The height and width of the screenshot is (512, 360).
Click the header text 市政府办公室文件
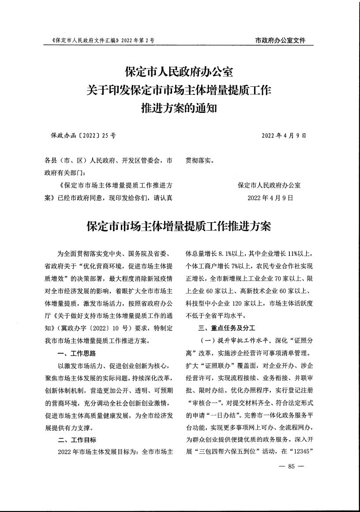(x=280, y=41)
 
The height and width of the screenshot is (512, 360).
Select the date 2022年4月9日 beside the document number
(x=284, y=136)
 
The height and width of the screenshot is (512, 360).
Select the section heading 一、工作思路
(x=77, y=353)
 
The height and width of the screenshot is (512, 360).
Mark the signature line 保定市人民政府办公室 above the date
(x=269, y=186)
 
